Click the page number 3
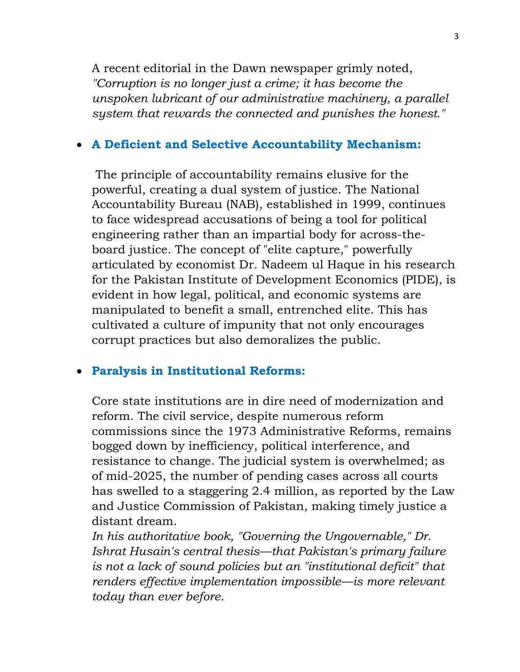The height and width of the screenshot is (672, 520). point(456,37)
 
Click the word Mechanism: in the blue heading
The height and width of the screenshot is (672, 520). point(383,144)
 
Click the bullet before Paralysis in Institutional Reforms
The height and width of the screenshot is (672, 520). point(80,371)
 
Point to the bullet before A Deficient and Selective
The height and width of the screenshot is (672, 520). point(80,145)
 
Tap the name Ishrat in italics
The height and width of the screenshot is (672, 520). point(109,551)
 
